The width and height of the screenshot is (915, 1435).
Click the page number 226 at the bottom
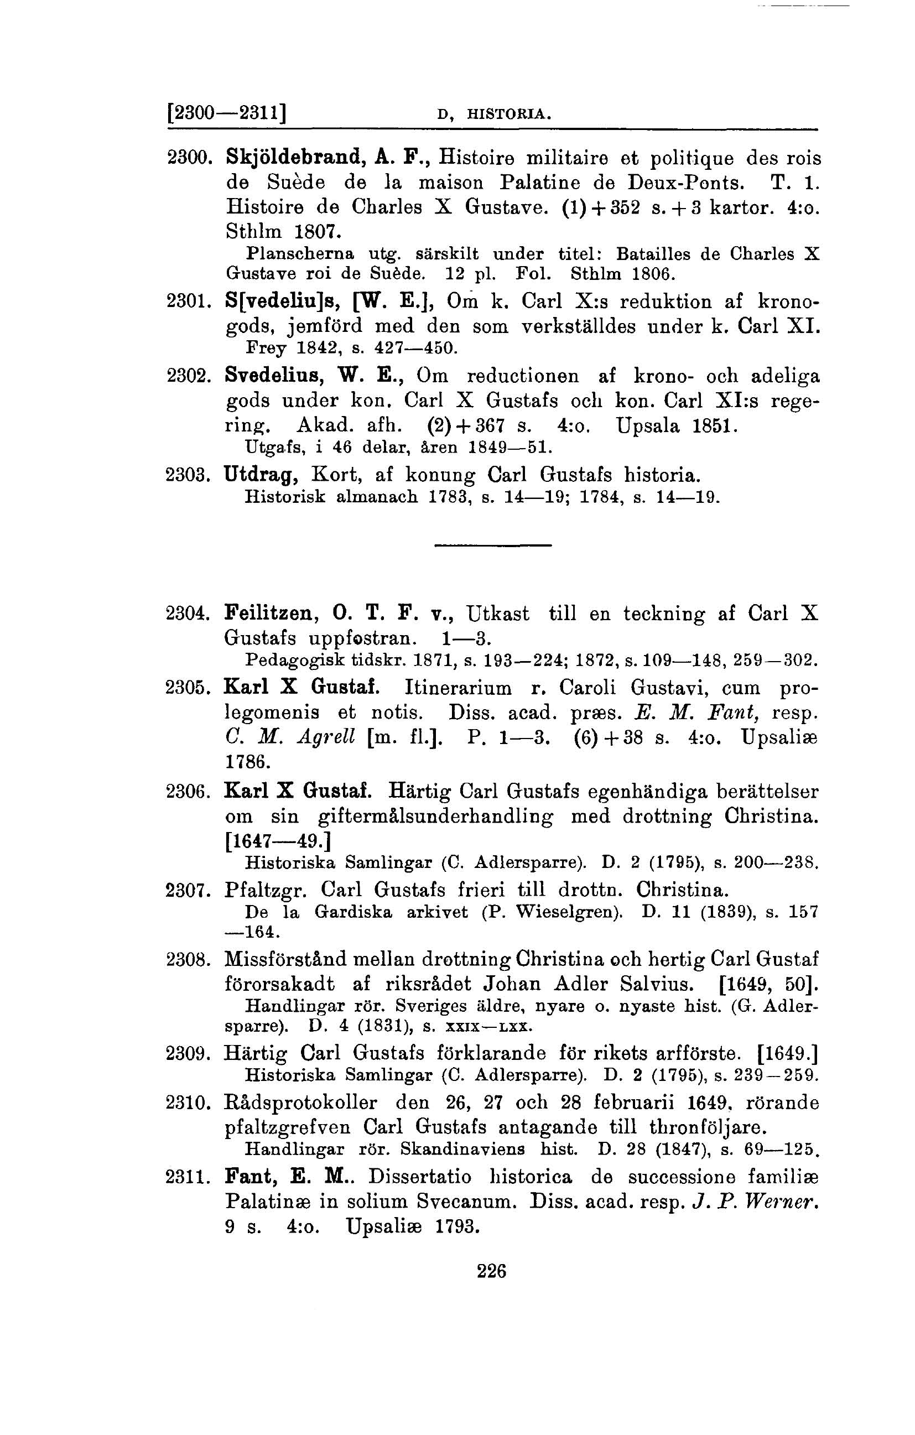492,1271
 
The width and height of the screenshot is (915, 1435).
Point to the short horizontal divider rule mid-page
492,545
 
